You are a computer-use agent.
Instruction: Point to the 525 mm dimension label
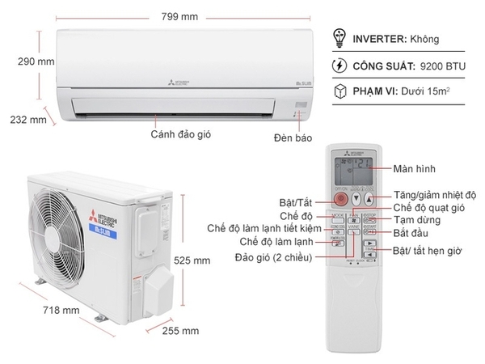[192, 260]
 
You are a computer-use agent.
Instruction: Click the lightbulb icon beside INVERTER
[342, 37]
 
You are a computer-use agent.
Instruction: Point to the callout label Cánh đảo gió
[180, 134]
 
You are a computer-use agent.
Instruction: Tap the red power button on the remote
[340, 199]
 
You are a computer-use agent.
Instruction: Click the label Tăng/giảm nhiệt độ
[435, 195]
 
